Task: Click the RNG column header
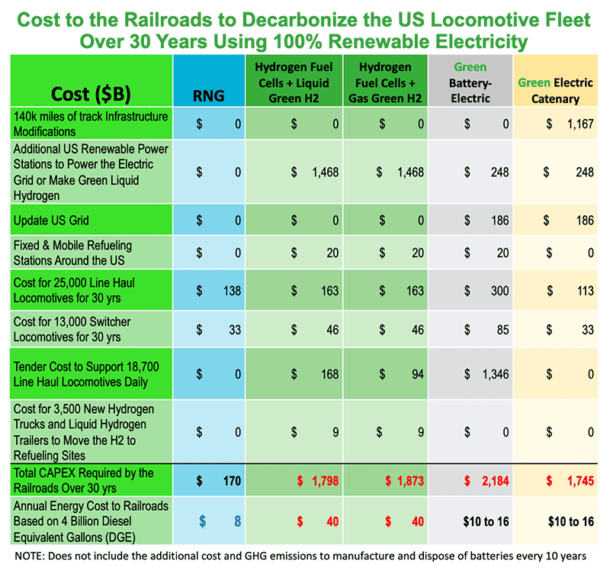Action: (208, 95)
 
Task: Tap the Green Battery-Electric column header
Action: (470, 82)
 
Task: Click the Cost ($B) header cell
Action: (90, 94)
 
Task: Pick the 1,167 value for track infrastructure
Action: (577, 123)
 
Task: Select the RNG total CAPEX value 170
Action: (229, 481)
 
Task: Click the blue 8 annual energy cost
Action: (236, 521)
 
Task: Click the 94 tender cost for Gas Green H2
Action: (416, 374)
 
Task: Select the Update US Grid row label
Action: (52, 221)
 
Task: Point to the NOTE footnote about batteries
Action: (303, 556)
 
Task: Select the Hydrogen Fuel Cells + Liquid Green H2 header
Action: (294, 82)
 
